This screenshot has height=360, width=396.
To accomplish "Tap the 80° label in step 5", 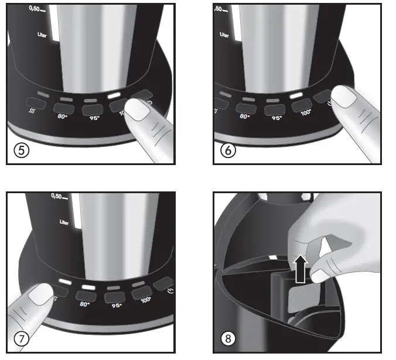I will click(x=64, y=117).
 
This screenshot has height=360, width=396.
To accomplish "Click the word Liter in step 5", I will click(x=43, y=35).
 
